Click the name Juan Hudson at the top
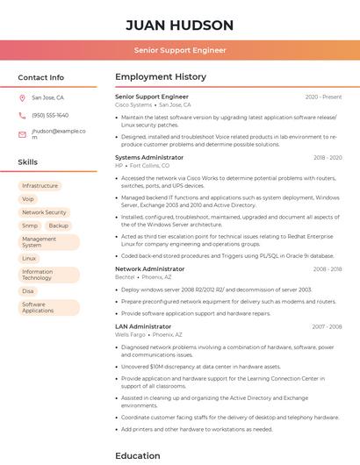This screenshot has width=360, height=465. pyautogui.click(x=179, y=25)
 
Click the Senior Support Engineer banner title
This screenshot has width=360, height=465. pyautogui.click(x=179, y=51)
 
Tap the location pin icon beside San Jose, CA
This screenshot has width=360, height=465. pyautogui.click(x=22, y=98)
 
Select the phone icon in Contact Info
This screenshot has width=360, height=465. pyautogui.click(x=22, y=116)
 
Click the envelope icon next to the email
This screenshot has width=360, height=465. pyautogui.click(x=22, y=134)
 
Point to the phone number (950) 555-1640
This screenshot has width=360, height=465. pyautogui.click(x=50, y=116)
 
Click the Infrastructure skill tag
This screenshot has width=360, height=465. pyautogui.click(x=40, y=186)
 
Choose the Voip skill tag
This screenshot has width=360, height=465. pyautogui.click(x=28, y=199)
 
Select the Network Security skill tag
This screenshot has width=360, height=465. pyautogui.click(x=44, y=212)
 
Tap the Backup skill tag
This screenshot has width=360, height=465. pyautogui.click(x=58, y=225)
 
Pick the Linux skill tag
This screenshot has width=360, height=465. pyautogui.click(x=29, y=259)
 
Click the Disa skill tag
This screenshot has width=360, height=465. pyautogui.click(x=28, y=291)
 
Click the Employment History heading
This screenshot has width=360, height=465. pyautogui.click(x=161, y=77)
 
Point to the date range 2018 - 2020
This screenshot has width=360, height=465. pyautogui.click(x=327, y=158)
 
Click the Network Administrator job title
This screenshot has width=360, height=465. pyautogui.click(x=149, y=269)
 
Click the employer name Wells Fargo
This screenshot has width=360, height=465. pyautogui.click(x=130, y=334)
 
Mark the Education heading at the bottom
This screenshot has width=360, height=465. pyautogui.click(x=138, y=455)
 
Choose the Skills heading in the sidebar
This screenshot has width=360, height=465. pyautogui.click(x=28, y=162)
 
